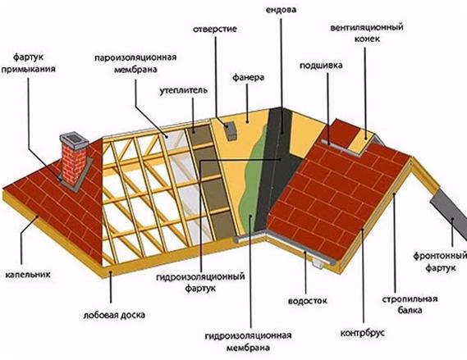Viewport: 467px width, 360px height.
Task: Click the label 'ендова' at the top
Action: click(x=281, y=10)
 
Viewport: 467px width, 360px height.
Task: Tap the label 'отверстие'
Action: click(x=215, y=30)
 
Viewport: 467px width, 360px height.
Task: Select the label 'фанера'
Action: click(x=248, y=78)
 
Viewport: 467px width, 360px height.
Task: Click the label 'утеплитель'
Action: click(x=183, y=90)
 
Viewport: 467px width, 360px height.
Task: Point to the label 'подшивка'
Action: click(x=321, y=66)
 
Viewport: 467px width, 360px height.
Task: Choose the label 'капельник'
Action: click(x=28, y=274)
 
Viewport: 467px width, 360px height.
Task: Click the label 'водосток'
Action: click(x=307, y=300)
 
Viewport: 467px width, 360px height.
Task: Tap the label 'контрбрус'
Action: click(x=363, y=332)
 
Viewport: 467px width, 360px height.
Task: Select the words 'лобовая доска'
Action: click(x=114, y=315)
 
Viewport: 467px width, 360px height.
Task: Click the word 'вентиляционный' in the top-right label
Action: click(x=367, y=28)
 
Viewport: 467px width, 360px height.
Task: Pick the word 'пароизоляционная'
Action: click(x=135, y=57)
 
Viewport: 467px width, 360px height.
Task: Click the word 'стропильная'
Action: click(x=410, y=298)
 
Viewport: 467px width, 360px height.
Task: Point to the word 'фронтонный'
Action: click(x=440, y=256)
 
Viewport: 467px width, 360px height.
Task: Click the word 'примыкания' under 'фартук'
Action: click(x=28, y=70)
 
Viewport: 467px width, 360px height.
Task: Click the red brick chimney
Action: click(x=73, y=165)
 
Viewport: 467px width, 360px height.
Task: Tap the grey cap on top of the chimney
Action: click(x=74, y=141)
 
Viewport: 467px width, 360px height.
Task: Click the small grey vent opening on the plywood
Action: click(x=231, y=131)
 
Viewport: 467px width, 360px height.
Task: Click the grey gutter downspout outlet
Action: click(x=318, y=263)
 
